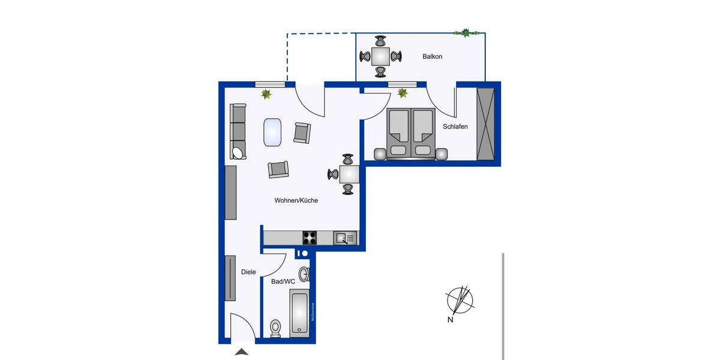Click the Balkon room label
tap(432, 56)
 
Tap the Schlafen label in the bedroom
tap(455, 127)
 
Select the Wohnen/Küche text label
tap(296, 200)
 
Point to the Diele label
tap(248, 272)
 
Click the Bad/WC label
tap(283, 281)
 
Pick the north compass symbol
tap(460, 299)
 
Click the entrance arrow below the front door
tap(241, 352)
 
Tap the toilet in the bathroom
tap(275, 328)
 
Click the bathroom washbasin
tap(304, 274)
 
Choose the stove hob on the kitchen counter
tap(310, 238)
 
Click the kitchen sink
tap(345, 238)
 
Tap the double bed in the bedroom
tap(410, 133)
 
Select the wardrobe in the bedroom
tap(485, 124)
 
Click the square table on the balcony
tap(380, 56)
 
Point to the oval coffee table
tap(273, 131)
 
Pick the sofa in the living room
tap(238, 131)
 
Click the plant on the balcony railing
tap(466, 32)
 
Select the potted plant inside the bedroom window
tap(403, 93)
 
